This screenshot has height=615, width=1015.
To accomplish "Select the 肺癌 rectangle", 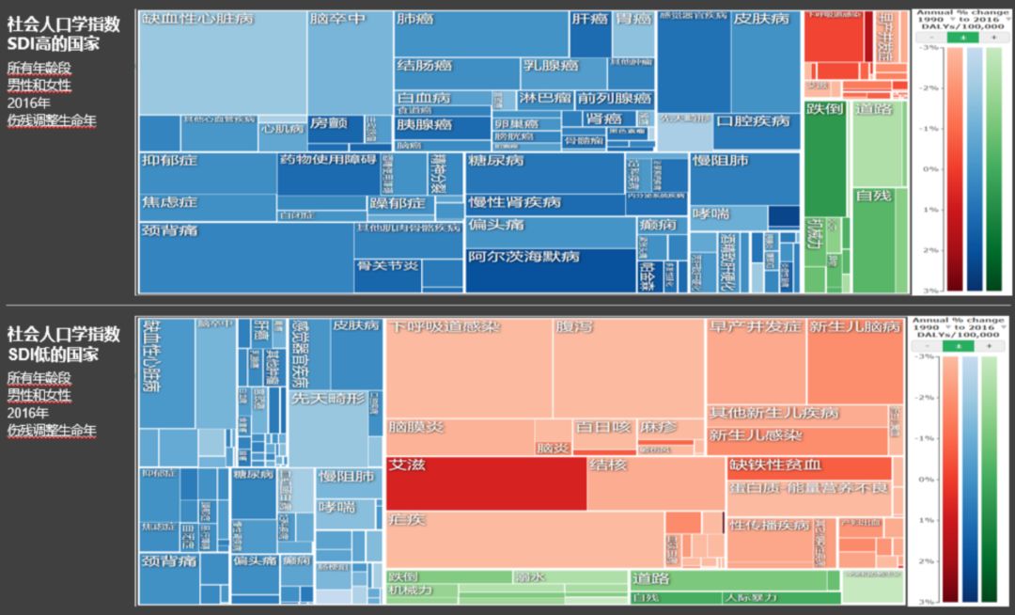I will click(x=480, y=34).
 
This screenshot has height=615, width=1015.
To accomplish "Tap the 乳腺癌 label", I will click(x=551, y=66).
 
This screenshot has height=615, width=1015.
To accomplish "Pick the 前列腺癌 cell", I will click(x=615, y=98).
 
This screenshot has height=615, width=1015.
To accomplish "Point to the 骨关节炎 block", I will click(x=387, y=266).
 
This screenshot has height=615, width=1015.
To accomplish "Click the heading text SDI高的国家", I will click(x=53, y=44).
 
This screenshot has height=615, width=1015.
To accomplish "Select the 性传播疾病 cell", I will click(x=769, y=526).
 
